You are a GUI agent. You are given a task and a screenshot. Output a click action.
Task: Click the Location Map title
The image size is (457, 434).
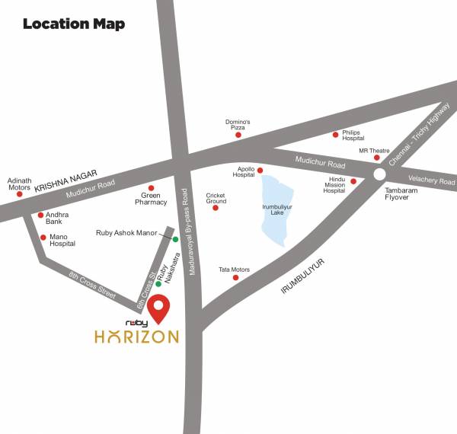pyautogui.click(x=73, y=24)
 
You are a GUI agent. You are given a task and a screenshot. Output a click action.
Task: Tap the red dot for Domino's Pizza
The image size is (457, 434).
pyautogui.click(x=238, y=135)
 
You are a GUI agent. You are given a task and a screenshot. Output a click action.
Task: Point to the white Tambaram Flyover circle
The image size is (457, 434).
pyautogui.click(x=379, y=174)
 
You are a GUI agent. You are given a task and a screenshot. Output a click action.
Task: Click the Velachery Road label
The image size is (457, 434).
pyautogui.click(x=436, y=182)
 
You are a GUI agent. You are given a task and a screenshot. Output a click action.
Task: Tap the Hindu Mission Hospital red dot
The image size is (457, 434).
pyautogui.click(x=353, y=181)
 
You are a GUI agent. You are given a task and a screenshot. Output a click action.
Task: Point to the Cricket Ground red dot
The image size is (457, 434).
pyautogui.click(x=216, y=207)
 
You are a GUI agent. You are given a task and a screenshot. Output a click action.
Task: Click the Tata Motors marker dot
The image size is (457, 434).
pyautogui.click(x=235, y=277)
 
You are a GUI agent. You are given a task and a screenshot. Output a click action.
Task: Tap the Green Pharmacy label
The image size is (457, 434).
pyautogui.click(x=151, y=199)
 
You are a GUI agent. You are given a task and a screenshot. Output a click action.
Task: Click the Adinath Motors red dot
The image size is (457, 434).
pyautogui.click(x=19, y=194)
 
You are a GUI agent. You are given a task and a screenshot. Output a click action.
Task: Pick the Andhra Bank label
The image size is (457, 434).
pyautogui.click(x=57, y=219)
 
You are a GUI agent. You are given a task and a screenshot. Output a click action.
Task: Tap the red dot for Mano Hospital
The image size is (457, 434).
pyautogui.click(x=43, y=237)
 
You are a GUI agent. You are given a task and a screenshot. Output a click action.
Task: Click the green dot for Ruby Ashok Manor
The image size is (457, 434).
pyautogui.click(x=175, y=239)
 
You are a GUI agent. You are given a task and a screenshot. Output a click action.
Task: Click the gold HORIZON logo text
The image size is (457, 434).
pyautogui.click(x=137, y=336)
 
